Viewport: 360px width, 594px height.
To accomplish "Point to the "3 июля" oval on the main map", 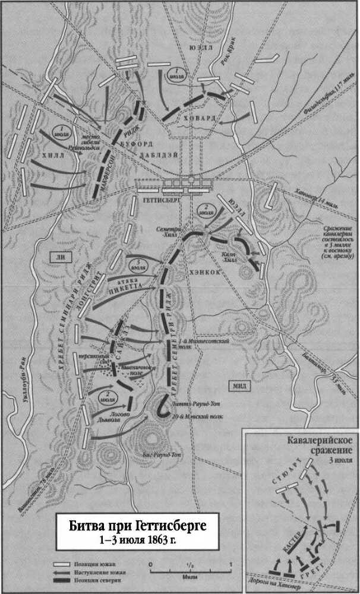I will point(134,263).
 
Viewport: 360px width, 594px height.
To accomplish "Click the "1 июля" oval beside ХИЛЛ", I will point(60,129).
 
